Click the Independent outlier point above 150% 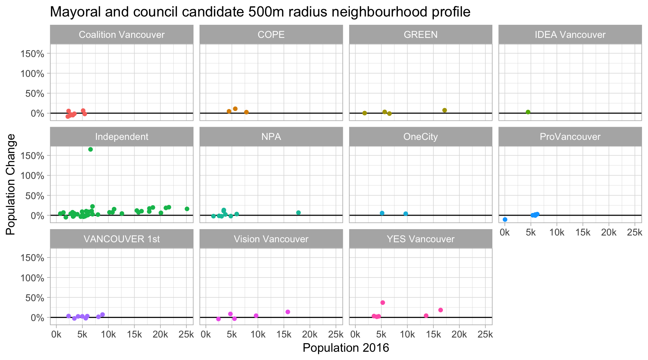coord(90,149)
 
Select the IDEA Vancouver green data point coord(528,112)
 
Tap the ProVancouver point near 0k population coord(505,219)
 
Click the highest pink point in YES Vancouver coord(382,303)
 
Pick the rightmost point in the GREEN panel coord(445,110)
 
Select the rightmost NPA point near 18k coord(298,213)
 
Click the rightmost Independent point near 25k coord(187,209)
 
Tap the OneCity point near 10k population coord(406,214)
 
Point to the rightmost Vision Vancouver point coord(288,312)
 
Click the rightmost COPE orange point coord(246,112)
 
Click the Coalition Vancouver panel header coord(121,35)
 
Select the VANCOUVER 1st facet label coord(121,239)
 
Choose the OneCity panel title coord(420,137)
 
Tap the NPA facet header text coord(271,137)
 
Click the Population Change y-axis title coord(11,184)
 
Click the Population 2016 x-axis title coord(346,348)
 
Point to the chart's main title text coord(260,12)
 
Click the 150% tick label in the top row coord(32,54)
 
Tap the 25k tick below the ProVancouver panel coord(634,232)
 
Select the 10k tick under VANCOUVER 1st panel coord(108,335)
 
